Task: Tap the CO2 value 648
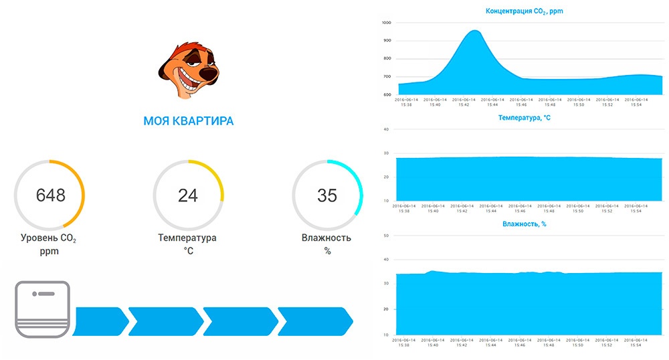coord(50,195)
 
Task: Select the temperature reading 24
coord(188,195)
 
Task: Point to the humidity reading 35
coord(327,195)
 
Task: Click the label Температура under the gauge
coord(187,238)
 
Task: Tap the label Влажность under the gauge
coord(326,238)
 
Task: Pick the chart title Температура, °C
coord(524,118)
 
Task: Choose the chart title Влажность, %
coord(524,224)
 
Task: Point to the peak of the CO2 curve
coord(474,31)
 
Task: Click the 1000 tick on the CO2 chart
coord(386,23)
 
